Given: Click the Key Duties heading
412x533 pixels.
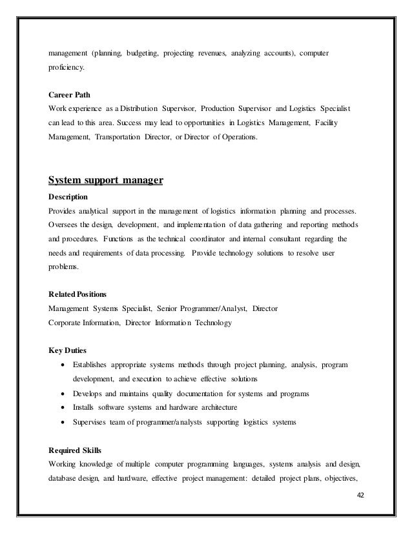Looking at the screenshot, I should pos(67,350).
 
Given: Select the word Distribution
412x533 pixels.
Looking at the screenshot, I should pos(148,108).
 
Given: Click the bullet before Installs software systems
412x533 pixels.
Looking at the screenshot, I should pos(61,408).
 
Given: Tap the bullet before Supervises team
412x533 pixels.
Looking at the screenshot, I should pos(61,423).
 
